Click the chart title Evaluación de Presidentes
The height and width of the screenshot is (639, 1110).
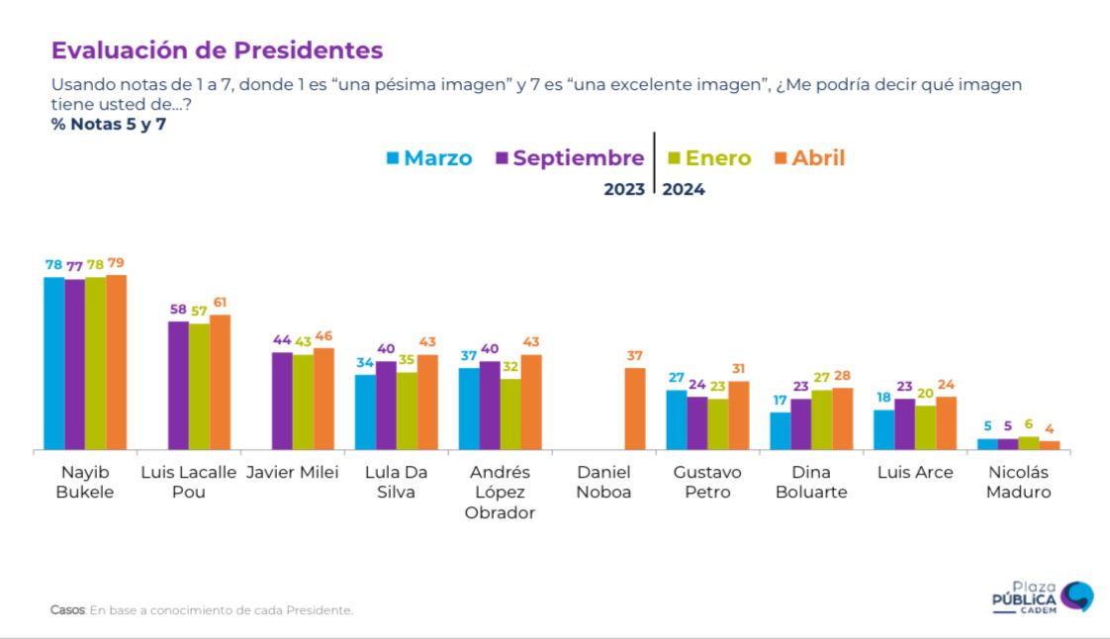[x=217, y=50]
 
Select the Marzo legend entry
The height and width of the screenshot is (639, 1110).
[x=428, y=158]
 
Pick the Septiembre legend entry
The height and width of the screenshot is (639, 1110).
[x=570, y=158]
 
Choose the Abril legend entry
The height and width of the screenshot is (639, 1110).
[x=809, y=158]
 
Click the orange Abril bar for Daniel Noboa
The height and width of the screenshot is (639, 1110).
[x=634, y=409]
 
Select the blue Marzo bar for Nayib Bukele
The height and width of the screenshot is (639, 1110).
[x=53, y=363]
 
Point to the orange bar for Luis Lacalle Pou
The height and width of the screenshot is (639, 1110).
[x=220, y=382]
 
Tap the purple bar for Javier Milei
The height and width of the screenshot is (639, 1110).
[x=282, y=401]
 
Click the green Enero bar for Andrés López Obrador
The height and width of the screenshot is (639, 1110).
[x=509, y=414]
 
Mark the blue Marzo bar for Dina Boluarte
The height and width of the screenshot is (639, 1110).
[x=781, y=431]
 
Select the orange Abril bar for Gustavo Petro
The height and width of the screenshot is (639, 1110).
[x=738, y=415]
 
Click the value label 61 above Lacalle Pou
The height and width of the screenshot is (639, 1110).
[x=220, y=303]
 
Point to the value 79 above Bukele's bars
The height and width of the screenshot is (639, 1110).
[x=117, y=263]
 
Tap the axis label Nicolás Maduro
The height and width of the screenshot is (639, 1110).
[x=1018, y=482]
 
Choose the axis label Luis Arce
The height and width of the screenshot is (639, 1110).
[x=915, y=473]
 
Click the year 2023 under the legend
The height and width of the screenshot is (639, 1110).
[x=624, y=190]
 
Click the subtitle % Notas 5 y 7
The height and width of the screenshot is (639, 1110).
[x=109, y=125]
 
